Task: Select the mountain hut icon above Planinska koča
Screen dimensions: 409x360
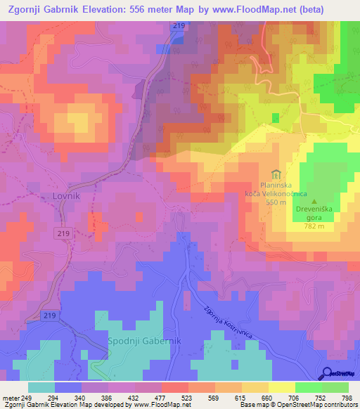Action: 276,174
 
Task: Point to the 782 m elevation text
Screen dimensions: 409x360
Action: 314,226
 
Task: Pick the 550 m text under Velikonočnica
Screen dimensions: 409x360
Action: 276,202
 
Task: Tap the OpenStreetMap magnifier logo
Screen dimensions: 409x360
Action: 328,373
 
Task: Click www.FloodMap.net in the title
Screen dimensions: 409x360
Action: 240,10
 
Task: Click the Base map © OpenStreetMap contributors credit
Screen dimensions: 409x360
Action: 298,405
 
